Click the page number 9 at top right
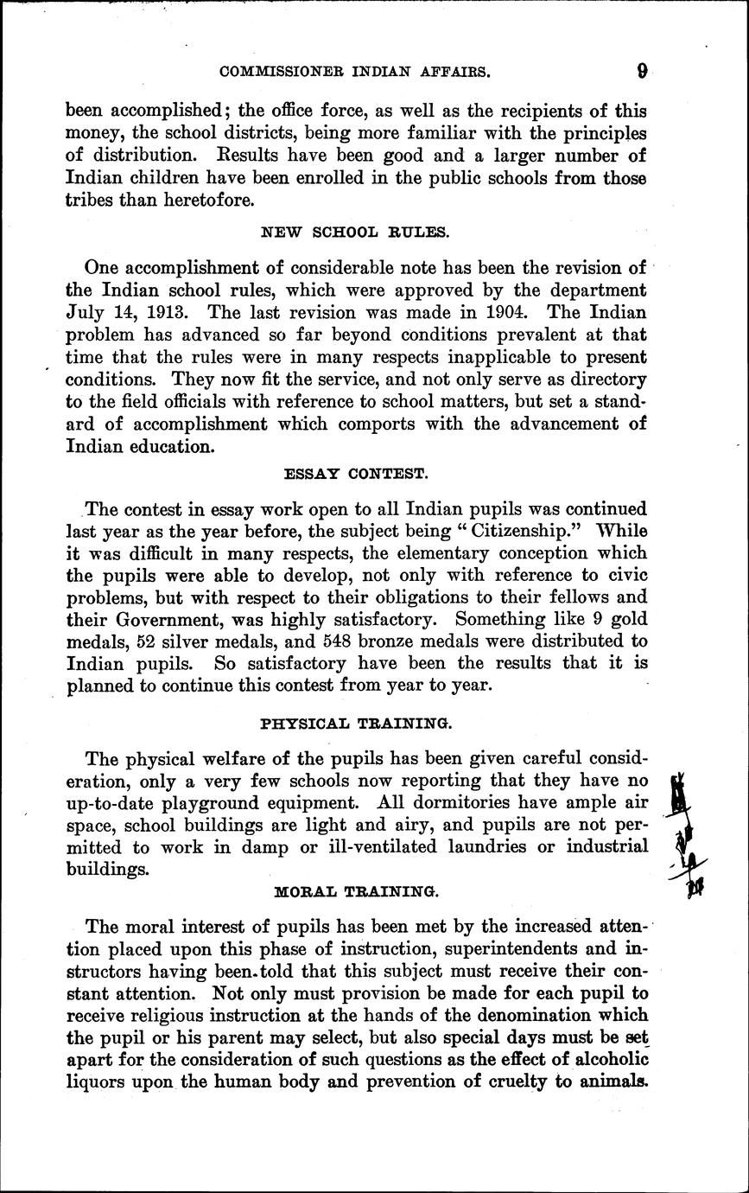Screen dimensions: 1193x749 coord(641,72)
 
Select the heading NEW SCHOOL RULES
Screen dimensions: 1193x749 coord(355,232)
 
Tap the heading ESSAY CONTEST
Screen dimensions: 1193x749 coord(355,474)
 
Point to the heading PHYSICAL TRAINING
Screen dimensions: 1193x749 coord(355,721)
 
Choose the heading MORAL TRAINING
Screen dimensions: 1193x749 coord(355,890)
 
